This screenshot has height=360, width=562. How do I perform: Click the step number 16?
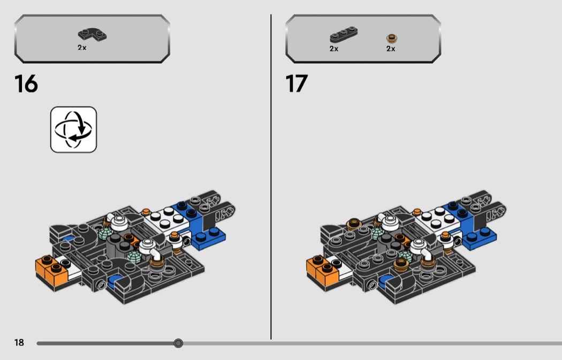pyautogui.click(x=26, y=84)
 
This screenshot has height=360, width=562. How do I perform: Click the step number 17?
pyautogui.click(x=297, y=84)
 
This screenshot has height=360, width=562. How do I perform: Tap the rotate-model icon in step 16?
pyautogui.click(x=73, y=129)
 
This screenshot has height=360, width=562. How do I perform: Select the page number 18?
pyautogui.click(x=19, y=342)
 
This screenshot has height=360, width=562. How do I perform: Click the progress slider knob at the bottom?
pyautogui.click(x=178, y=343)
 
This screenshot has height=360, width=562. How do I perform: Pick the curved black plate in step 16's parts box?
pyautogui.click(x=92, y=34)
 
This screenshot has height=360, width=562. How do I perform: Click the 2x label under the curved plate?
pyautogui.click(x=82, y=47)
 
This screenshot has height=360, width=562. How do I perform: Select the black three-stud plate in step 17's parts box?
pyautogui.click(x=344, y=35)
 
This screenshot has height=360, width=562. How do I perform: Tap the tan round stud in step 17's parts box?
pyautogui.click(x=392, y=38)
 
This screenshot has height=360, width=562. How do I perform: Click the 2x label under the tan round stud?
pyautogui.click(x=391, y=49)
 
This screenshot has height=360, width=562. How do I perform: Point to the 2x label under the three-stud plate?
pyautogui.click(x=333, y=49)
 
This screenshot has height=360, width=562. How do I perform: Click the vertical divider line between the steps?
pyautogui.click(x=271, y=177)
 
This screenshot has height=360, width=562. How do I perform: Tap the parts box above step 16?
pyautogui.click(x=92, y=39)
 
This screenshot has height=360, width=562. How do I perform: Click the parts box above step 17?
pyautogui.click(x=363, y=39)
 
